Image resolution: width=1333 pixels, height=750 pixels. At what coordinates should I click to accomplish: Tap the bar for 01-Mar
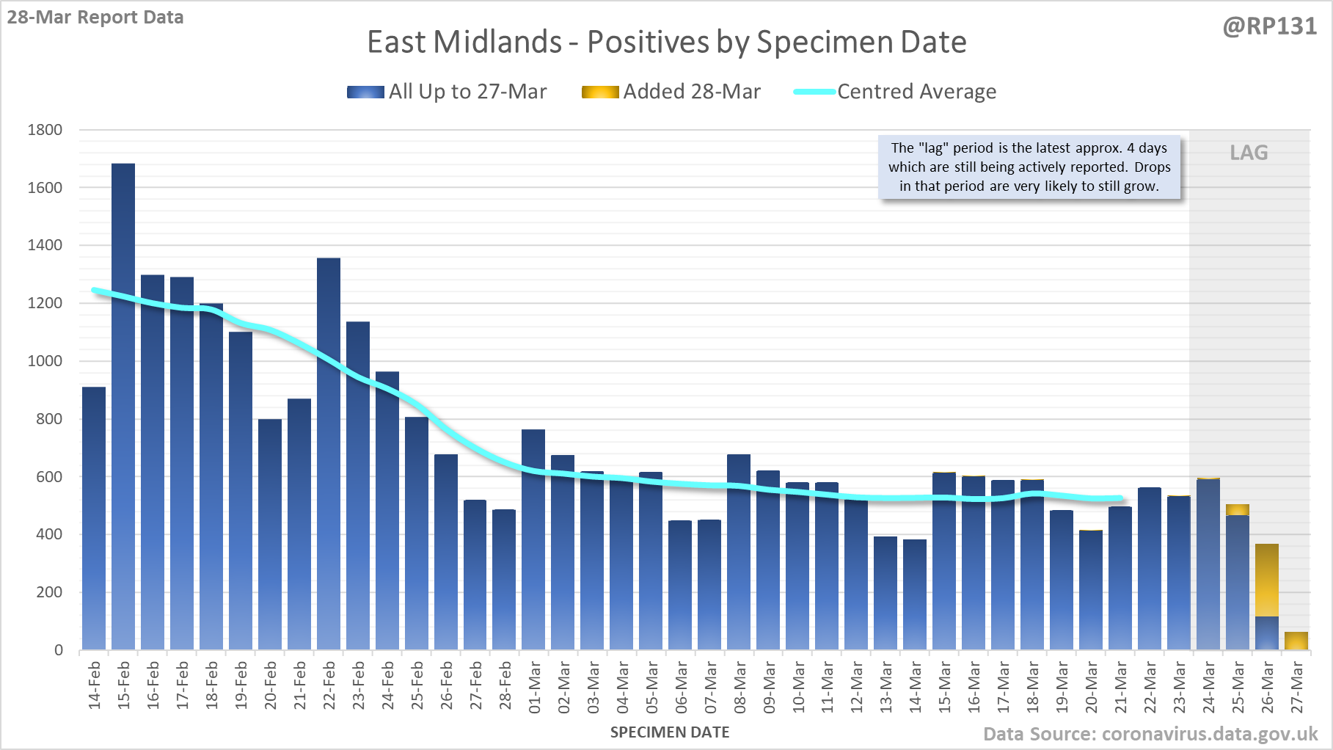pyautogui.click(x=533, y=539)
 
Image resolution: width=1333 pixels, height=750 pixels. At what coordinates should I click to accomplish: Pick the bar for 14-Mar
pyautogui.click(x=915, y=594)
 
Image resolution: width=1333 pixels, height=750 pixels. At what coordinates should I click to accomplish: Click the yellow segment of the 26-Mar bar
pyautogui.click(x=1267, y=580)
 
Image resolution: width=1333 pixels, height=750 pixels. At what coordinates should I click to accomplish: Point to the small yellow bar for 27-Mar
pyautogui.click(x=1296, y=641)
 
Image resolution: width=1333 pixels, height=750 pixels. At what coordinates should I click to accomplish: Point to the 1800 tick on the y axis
pyautogui.click(x=45, y=130)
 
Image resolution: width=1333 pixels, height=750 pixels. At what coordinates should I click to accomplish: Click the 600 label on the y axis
pyautogui.click(x=49, y=476)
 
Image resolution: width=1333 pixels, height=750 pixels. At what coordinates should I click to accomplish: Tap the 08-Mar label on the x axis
pyautogui.click(x=739, y=687)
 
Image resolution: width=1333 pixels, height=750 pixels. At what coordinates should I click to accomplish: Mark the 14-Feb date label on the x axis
pyautogui.click(x=95, y=685)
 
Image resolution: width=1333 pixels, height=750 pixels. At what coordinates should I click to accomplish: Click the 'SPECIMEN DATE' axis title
pyautogui.click(x=670, y=732)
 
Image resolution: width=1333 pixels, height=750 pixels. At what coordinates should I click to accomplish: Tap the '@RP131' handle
pyautogui.click(x=1269, y=26)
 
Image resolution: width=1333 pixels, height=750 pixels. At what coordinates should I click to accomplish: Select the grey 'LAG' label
pyautogui.click(x=1249, y=153)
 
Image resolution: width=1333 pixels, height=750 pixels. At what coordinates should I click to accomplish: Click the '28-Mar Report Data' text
pyautogui.click(x=95, y=18)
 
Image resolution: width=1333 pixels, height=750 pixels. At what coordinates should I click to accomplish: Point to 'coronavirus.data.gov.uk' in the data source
pyautogui.click(x=1210, y=734)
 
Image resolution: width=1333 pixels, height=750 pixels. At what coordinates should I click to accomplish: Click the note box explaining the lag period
pyautogui.click(x=1029, y=167)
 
